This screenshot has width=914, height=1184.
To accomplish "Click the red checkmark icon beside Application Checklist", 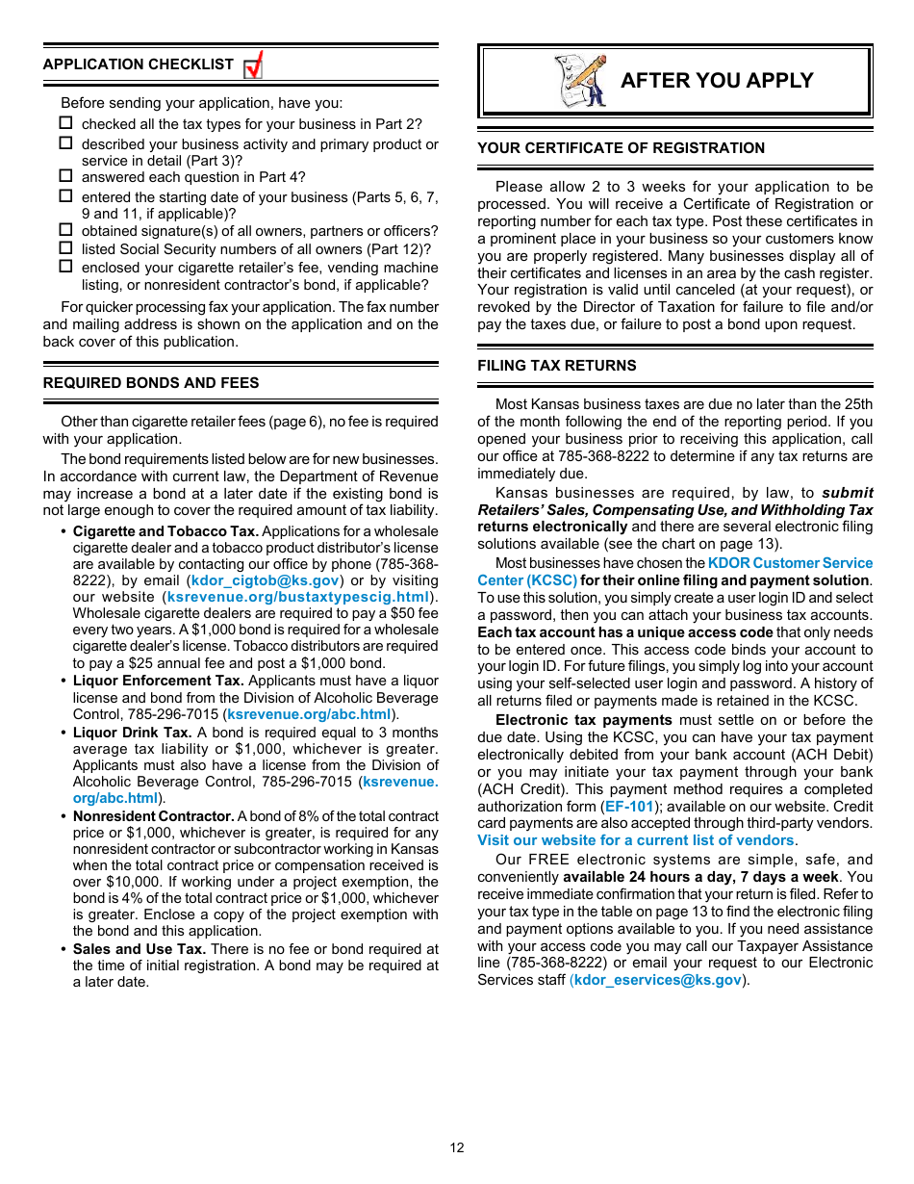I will [x=253, y=66].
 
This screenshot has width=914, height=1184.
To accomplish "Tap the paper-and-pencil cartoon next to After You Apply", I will [x=580, y=81].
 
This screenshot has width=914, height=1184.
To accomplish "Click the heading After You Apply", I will [x=717, y=81].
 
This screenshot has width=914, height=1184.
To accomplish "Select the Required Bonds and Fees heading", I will [x=151, y=383].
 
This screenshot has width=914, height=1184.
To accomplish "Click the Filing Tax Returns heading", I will [x=557, y=366].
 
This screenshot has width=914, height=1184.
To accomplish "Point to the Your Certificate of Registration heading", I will [x=621, y=148].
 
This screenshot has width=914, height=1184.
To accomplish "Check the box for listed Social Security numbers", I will [x=65, y=248].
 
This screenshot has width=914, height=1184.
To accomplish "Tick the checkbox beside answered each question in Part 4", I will [x=65, y=176].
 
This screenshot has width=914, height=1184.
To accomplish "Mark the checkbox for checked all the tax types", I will [x=65, y=123].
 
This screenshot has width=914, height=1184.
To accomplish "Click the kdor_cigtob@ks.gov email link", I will [x=266, y=580].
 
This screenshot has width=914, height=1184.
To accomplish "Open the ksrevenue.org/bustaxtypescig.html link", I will [x=298, y=597].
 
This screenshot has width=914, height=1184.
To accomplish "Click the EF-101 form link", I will [x=629, y=807].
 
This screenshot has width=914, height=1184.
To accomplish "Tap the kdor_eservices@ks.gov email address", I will [x=658, y=980].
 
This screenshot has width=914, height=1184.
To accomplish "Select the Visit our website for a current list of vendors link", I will [x=636, y=840].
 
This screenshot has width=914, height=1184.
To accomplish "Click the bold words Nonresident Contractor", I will [x=154, y=816].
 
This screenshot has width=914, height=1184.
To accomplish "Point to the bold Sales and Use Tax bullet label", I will [x=140, y=949].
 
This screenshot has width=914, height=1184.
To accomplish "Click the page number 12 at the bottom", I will [x=457, y=1147].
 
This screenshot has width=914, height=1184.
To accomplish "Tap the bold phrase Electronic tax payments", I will [x=583, y=720].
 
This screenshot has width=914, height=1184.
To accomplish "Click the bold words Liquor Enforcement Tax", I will [x=159, y=682].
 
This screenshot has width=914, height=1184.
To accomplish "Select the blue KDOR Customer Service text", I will [x=790, y=563].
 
